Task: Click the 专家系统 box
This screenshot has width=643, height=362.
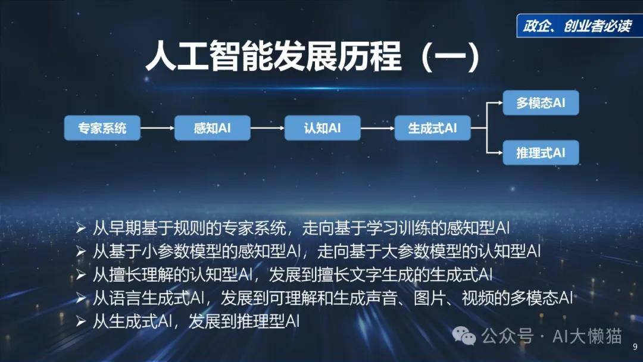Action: point(102,128)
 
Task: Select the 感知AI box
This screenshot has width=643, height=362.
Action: point(212,128)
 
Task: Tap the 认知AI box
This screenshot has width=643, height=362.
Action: point(322,128)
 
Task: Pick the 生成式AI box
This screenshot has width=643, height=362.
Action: point(433,128)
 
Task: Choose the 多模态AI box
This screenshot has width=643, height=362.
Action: point(541,102)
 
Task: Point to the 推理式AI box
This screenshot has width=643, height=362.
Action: point(541,152)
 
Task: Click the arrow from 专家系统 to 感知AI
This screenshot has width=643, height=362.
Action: point(157,128)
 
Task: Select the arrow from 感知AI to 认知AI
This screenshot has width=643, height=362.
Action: point(267,128)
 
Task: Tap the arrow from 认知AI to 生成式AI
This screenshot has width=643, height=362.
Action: point(377,128)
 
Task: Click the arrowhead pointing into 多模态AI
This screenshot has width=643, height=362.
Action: point(500,102)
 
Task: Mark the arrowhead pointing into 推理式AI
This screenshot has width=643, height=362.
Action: point(500,152)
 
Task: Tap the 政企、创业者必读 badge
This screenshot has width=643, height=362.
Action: point(578,26)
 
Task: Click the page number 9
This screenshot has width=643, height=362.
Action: point(635,347)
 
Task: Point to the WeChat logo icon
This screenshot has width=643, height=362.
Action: point(464,336)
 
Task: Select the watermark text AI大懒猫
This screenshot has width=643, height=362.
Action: point(587,336)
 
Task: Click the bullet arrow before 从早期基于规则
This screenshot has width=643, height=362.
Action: point(80,228)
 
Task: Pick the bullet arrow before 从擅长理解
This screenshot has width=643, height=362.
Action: point(80,274)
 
